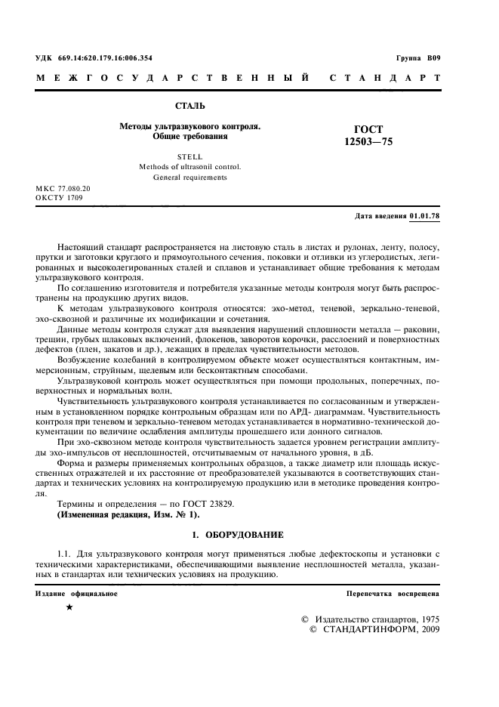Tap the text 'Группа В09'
tap(417, 58)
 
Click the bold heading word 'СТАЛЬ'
tap(190, 106)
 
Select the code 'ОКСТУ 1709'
tap(58, 198)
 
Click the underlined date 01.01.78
tap(424, 216)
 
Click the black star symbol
tap(69, 607)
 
